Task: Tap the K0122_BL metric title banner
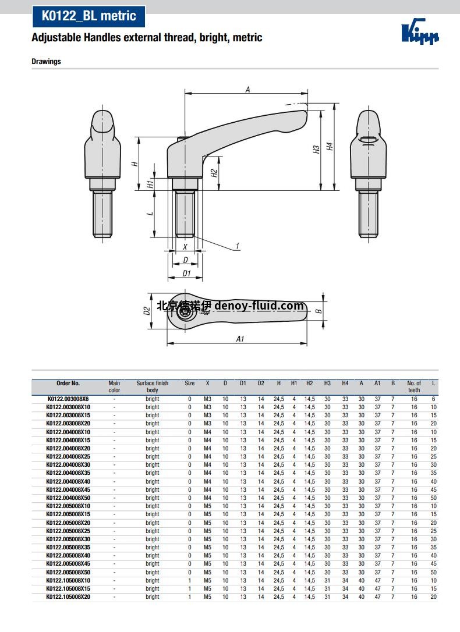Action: pyautogui.click(x=89, y=16)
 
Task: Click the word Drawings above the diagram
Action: pyautogui.click(x=47, y=61)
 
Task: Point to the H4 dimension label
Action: pyautogui.click(x=330, y=146)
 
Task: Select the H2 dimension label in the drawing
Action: pyautogui.click(x=214, y=173)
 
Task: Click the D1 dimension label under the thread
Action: pyautogui.click(x=186, y=274)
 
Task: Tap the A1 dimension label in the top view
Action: pyautogui.click(x=240, y=339)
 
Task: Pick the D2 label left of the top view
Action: pyautogui.click(x=147, y=311)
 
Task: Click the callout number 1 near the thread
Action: pyautogui.click(x=238, y=246)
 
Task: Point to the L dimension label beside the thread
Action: pyautogui.click(x=150, y=213)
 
